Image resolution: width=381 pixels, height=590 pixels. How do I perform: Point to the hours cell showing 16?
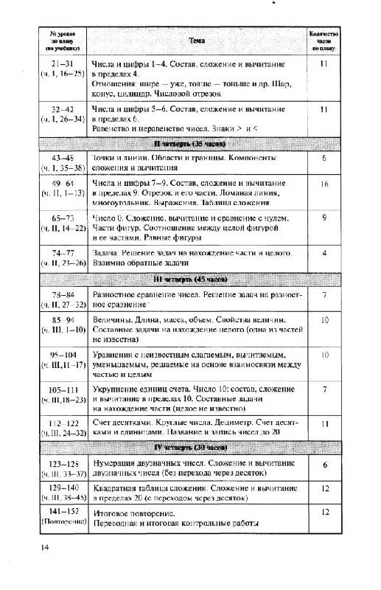click(324, 183)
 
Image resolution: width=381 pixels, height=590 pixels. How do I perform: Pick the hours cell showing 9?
click(324, 218)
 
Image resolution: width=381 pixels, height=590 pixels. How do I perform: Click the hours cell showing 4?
click(324, 253)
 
